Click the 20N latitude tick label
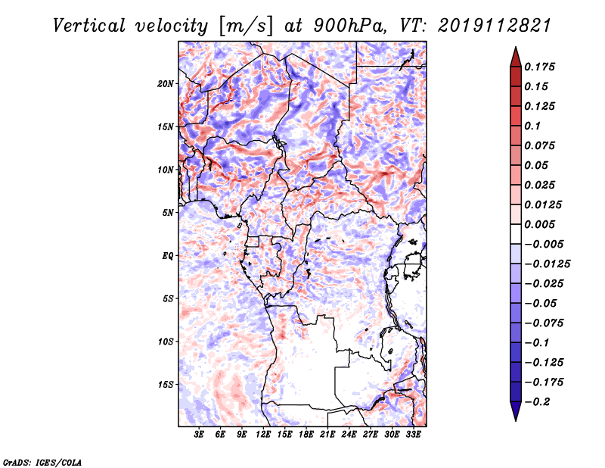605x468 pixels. (166, 83)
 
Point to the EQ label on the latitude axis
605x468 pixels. (168, 255)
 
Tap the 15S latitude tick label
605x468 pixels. (166, 385)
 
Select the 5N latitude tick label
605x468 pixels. (168, 213)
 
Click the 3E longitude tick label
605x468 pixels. (199, 435)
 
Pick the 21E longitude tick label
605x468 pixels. (327, 435)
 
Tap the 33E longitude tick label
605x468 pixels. (413, 435)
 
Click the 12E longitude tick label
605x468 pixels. (263, 435)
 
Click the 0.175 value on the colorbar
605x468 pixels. (539, 67)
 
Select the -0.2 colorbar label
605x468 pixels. (537, 402)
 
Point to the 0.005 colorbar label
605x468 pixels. (539, 224)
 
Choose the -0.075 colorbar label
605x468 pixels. (544, 323)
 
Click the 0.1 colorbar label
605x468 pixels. (532, 126)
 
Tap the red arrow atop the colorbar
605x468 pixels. (516, 58)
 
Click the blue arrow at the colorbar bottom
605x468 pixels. (516, 411)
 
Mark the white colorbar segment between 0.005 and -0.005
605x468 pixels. (516, 234)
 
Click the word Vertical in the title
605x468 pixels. (89, 26)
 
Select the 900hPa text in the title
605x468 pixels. (349, 26)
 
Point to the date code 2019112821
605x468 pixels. (495, 26)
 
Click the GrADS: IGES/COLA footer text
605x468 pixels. (42, 462)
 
